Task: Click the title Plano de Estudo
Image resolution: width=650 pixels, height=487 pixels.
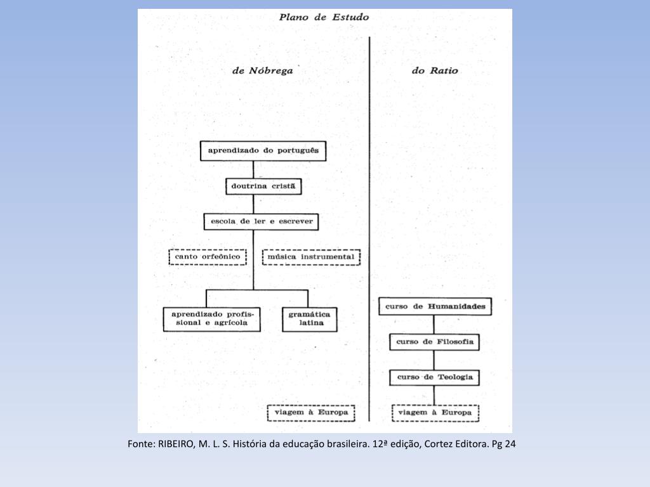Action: [x=324, y=17]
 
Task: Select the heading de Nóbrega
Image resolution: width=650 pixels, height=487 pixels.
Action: [x=263, y=71]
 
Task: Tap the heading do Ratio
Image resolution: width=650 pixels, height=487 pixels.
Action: [x=435, y=71]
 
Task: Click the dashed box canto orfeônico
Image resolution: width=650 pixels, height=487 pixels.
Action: [x=208, y=257]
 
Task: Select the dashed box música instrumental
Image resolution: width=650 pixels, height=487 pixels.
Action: [x=311, y=257]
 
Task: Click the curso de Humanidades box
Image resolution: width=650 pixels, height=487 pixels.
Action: [x=435, y=306]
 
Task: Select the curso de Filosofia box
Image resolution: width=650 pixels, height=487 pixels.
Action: [x=435, y=342]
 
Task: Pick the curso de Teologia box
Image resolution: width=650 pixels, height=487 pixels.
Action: [x=435, y=377]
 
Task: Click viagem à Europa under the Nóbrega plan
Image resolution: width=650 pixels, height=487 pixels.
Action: [x=311, y=413]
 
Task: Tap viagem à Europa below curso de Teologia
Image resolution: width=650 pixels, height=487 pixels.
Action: [x=435, y=413]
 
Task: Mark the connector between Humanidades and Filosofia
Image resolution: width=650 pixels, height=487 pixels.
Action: [x=435, y=324]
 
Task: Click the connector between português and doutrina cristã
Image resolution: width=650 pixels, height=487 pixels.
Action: [x=253, y=169]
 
